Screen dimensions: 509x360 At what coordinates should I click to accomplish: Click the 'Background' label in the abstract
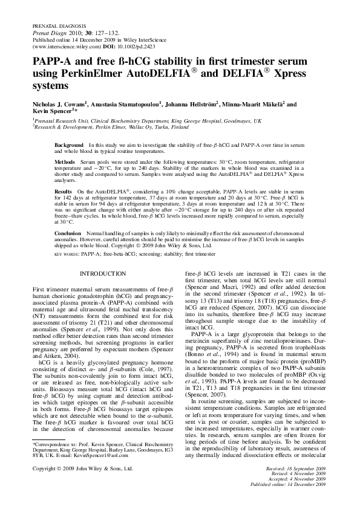pos(68,146)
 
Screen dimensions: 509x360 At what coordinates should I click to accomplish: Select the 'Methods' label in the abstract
pos(65,163)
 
